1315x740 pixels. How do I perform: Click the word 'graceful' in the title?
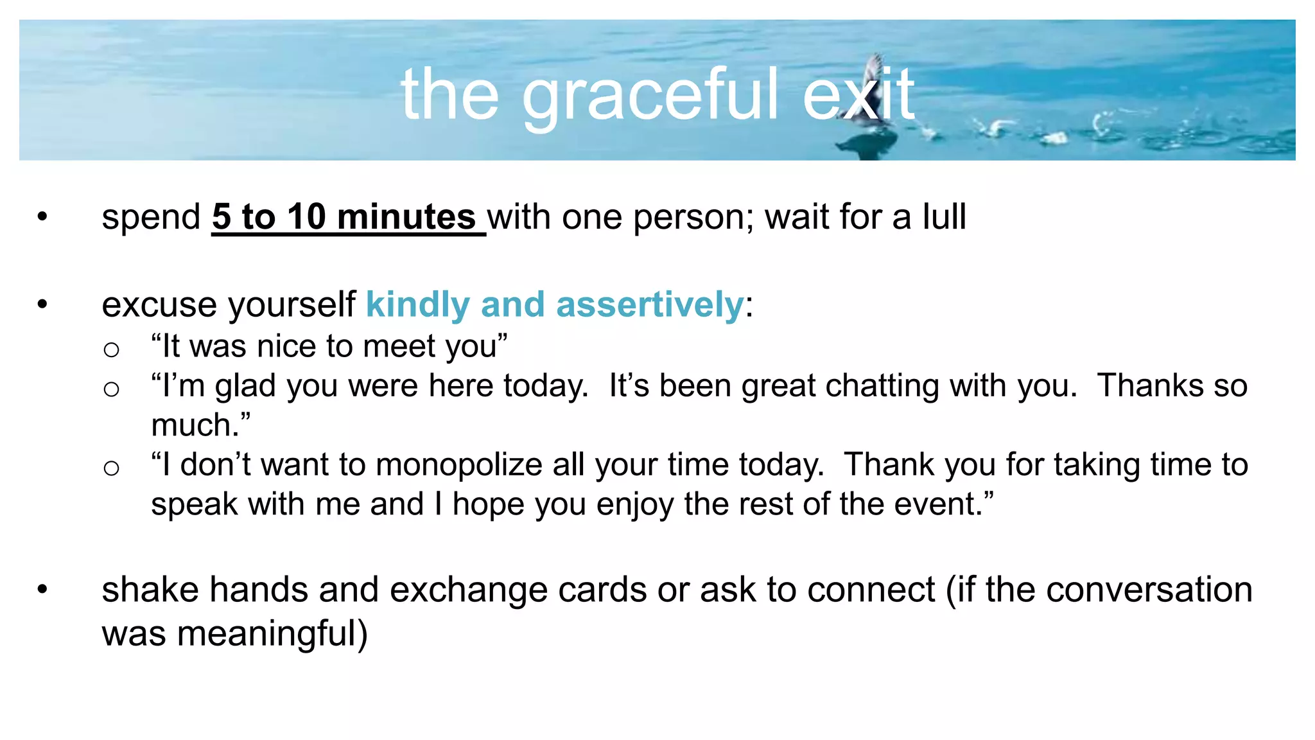650,96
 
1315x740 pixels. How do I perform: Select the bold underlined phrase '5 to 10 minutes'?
344,216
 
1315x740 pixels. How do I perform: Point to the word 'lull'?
944,216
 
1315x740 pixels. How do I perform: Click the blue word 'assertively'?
649,304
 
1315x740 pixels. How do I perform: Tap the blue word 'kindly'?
417,304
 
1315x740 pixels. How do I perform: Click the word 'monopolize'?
459,464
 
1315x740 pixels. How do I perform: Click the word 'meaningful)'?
272,633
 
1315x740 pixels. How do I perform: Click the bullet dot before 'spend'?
42,216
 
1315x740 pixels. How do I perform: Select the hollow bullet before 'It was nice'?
111,349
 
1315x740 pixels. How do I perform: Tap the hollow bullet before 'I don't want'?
111,468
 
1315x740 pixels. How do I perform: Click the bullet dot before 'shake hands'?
42,589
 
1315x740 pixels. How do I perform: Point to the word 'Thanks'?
1150,385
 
